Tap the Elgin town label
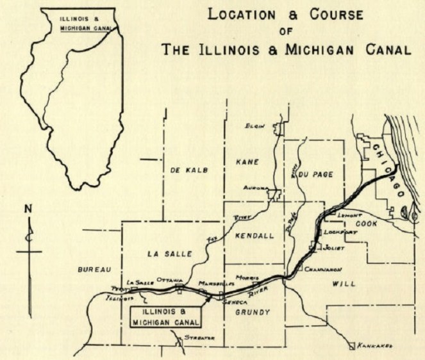pyautogui.click(x=255, y=126)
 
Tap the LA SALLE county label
pyautogui.click(x=171, y=254)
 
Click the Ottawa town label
pyautogui.click(x=171, y=281)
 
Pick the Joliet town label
pyautogui.click(x=333, y=247)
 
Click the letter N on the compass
pyautogui.click(x=28, y=209)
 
